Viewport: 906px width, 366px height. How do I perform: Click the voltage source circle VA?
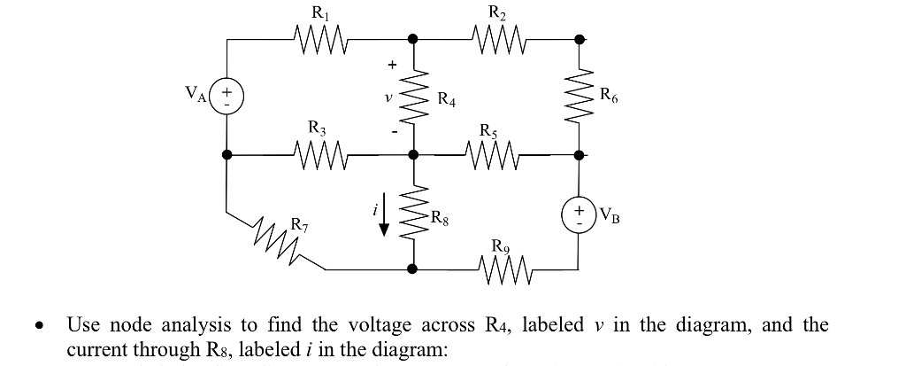click(x=227, y=96)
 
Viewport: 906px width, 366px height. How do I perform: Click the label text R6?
click(x=610, y=96)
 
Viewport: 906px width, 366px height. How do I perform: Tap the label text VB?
click(x=610, y=214)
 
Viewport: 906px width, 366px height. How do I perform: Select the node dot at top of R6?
click(x=580, y=39)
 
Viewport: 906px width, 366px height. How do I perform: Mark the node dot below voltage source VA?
click(x=227, y=154)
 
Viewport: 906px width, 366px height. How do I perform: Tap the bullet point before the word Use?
click(x=39, y=327)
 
